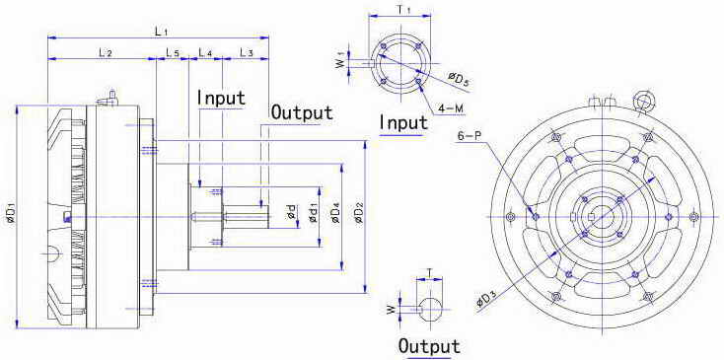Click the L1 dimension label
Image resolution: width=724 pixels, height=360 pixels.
(161, 32)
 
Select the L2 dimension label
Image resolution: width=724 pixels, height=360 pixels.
(106, 53)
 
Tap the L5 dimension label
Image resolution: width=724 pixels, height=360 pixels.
(173, 53)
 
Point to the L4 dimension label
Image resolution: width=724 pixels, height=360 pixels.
(205, 53)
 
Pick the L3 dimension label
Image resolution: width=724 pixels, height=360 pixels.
(247, 53)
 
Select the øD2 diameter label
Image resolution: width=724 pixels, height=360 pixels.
(359, 216)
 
